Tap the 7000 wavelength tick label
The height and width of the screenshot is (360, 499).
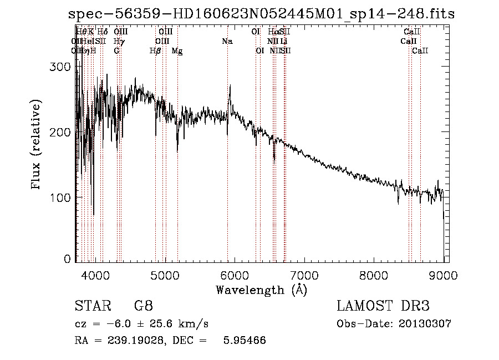click(304, 274)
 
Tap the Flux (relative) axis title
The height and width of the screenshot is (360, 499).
click(37, 145)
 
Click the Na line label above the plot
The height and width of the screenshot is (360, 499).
click(227, 41)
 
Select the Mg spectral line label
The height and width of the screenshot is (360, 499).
click(177, 51)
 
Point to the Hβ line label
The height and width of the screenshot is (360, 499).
click(155, 51)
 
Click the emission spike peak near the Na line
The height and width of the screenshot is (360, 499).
click(230, 85)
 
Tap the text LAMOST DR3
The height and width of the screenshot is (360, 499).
click(383, 306)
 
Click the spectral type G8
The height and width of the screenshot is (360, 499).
click(143, 306)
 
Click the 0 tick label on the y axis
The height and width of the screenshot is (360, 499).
click(68, 259)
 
